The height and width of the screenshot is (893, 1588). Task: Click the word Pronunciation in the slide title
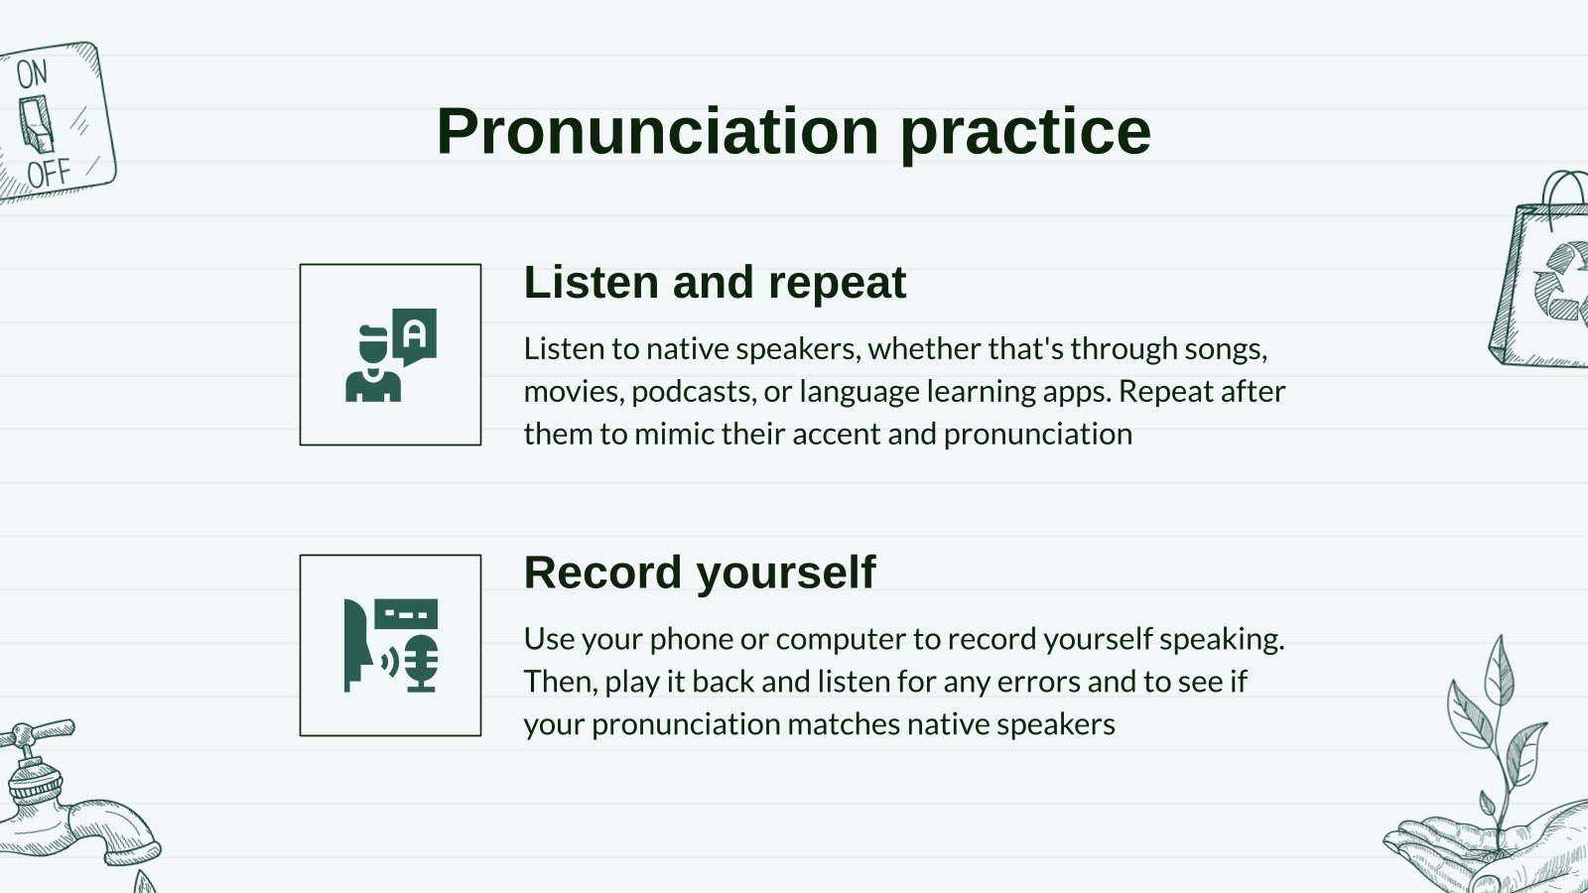tap(657, 132)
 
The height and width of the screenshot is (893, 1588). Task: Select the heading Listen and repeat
tap(715, 283)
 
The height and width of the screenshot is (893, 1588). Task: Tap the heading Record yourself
tap(700, 573)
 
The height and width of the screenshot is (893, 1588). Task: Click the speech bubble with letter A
tap(415, 334)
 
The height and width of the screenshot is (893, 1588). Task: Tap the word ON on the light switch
tap(32, 73)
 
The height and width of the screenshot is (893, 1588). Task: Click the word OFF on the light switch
tap(49, 174)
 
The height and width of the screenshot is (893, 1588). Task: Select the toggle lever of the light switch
tap(37, 124)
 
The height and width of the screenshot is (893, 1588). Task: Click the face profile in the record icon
tap(357, 646)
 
